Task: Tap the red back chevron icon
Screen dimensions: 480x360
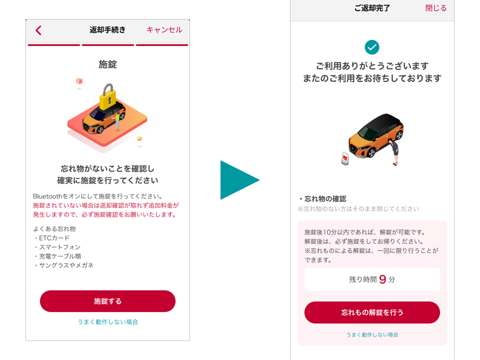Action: coord(38,30)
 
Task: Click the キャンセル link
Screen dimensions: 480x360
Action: coord(164,29)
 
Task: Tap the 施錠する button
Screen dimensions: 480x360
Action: coord(108,301)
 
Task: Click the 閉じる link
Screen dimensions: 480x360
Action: coord(436,8)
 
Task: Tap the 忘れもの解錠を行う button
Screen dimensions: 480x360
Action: coord(372,312)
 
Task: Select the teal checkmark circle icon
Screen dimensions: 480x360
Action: coord(372,47)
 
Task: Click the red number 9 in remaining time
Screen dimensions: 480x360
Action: coord(382,279)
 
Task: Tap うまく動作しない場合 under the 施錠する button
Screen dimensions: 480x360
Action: coord(108,321)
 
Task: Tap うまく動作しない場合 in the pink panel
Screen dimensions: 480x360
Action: coord(372,334)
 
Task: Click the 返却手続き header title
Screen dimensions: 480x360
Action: coord(107,29)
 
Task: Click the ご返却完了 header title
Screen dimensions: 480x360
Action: coord(372,8)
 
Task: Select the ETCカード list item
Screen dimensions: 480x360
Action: coord(51,238)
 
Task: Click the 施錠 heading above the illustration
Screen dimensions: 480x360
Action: coord(108,64)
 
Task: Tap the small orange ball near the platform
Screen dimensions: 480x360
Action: coord(139,138)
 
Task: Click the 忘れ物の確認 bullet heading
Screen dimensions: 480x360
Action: coord(322,199)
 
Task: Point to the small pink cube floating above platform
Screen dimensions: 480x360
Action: coord(79,81)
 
